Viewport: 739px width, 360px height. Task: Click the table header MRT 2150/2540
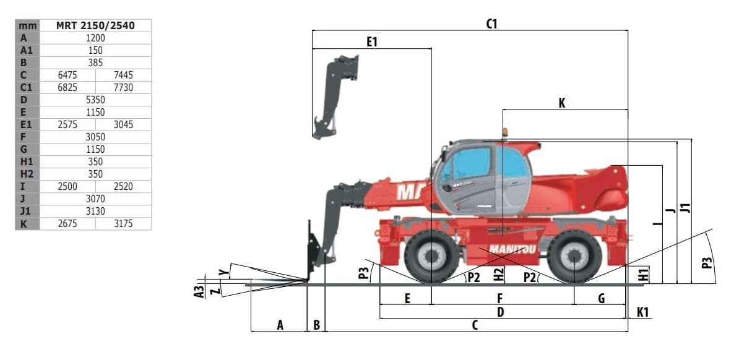(x=95, y=25)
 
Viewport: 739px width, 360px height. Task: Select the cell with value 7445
(x=123, y=75)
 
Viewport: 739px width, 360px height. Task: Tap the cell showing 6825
(x=67, y=87)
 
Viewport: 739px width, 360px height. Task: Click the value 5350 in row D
(x=95, y=100)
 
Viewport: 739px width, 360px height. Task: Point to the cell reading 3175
(x=123, y=223)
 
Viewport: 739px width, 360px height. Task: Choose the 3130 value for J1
(x=95, y=211)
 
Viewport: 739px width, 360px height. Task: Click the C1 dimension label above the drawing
(x=491, y=24)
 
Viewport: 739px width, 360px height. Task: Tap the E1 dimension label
(x=372, y=42)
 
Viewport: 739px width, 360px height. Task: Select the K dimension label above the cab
(x=562, y=103)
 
